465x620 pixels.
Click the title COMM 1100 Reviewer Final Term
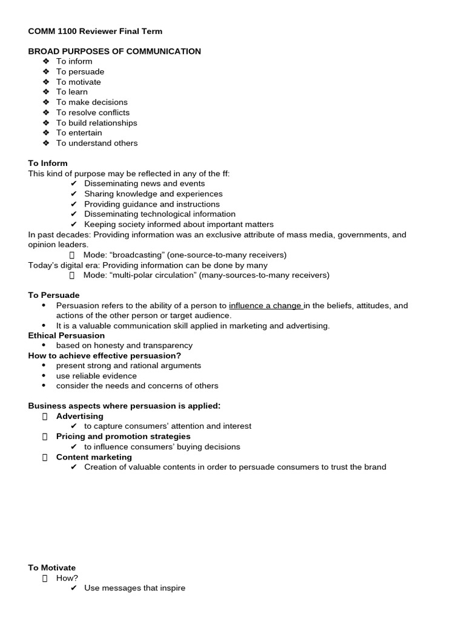(x=95, y=31)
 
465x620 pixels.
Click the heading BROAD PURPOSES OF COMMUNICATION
(x=114, y=51)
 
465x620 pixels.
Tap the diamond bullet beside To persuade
(x=46, y=72)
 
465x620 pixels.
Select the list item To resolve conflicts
(x=93, y=113)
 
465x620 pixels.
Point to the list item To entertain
(x=79, y=133)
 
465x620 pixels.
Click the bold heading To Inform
(x=48, y=163)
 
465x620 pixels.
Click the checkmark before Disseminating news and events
(x=74, y=183)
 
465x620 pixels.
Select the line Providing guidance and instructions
(x=152, y=204)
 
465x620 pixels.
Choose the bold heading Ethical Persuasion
(x=67, y=335)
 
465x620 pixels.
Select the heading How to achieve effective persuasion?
(x=105, y=355)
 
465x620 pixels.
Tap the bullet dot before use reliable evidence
(x=44, y=376)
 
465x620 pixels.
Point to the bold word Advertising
(x=80, y=417)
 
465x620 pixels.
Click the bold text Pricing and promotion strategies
(x=124, y=437)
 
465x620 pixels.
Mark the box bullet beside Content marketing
(x=45, y=457)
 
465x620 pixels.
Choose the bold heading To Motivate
(x=52, y=568)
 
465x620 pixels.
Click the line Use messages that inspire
(x=134, y=588)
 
